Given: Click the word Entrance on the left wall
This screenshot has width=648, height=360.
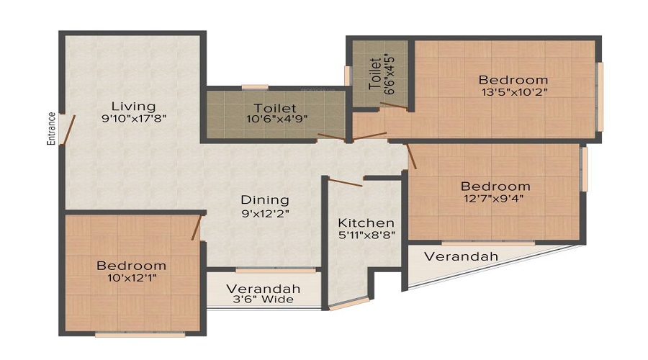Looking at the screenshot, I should (51, 129).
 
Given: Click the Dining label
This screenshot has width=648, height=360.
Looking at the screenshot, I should (264, 199).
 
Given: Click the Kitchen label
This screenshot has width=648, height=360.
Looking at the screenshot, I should (366, 222).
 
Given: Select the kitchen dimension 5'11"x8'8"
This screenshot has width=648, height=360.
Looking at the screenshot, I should (366, 235).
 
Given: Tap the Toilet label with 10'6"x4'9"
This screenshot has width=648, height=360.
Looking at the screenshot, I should (275, 109).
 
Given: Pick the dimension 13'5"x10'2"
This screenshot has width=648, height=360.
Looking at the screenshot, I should (513, 91).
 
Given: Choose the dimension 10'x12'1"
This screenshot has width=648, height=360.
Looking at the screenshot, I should (132, 278).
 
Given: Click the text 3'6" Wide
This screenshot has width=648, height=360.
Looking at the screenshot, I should (264, 300).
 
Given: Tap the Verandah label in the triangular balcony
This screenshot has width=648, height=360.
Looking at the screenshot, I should (461, 256).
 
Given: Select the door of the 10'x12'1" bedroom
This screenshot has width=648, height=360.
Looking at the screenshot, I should (196, 227).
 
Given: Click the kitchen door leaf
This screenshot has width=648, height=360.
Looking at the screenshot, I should (345, 181).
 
